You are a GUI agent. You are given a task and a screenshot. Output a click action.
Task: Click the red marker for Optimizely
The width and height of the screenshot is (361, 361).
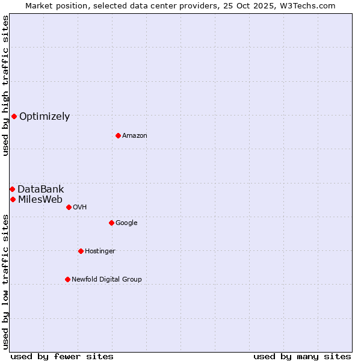14,116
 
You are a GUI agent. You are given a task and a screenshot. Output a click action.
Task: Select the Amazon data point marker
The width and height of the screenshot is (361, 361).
118,135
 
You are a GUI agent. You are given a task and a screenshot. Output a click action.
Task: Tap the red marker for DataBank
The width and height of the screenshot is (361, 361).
12,189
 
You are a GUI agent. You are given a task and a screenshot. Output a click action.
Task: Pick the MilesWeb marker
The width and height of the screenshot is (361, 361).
13,199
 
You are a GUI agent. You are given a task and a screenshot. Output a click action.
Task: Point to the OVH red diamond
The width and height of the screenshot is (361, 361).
69,207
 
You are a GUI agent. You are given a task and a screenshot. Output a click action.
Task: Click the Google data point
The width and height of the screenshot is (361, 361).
111,223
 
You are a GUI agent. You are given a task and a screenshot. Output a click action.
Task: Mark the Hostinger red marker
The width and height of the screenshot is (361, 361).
81,251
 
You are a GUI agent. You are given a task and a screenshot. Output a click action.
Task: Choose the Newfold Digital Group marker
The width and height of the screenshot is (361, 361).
67,279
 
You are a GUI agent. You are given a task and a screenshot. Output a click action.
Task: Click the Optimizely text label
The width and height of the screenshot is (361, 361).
45,117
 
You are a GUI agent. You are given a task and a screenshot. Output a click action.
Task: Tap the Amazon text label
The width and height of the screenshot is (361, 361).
135,136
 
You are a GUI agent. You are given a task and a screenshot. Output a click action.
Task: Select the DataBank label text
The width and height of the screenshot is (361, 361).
41,190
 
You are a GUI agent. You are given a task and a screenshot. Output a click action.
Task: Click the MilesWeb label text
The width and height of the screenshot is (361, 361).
40,200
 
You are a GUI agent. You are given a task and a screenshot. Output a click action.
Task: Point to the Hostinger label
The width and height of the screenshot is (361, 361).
100,251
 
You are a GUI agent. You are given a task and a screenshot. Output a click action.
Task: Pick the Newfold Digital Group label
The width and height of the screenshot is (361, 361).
106,280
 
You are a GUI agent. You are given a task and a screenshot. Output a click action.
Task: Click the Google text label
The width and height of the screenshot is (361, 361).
126,223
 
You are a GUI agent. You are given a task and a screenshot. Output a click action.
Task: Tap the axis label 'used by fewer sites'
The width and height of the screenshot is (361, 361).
62,356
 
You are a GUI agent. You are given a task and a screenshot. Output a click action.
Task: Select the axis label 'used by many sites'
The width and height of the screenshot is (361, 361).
302,356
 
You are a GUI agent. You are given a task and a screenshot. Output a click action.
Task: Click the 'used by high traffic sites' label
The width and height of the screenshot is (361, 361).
5,85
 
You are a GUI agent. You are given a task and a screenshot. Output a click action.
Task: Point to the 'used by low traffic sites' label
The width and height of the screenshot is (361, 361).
5,282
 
